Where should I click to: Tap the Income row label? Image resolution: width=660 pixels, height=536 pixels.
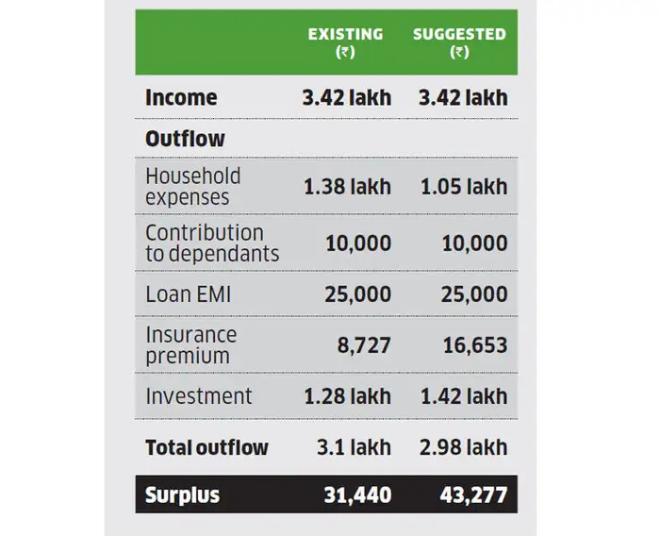pos(181,97)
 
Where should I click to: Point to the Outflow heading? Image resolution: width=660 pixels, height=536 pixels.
pos(185,139)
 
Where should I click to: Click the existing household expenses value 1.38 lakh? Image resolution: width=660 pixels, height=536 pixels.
pos(347,186)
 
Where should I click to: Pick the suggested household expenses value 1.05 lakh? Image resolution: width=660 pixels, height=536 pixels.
pos(463,186)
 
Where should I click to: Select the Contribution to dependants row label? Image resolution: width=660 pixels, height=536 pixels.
pos(211,243)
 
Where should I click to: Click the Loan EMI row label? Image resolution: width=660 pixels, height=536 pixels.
pos(188,294)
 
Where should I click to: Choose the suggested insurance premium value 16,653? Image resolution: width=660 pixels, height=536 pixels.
pos(475,345)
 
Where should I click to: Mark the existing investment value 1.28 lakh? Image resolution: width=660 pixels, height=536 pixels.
pos(347,396)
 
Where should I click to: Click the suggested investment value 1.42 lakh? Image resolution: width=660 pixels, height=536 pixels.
pos(463,396)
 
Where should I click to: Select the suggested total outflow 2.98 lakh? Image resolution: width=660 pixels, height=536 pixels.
pos(463,447)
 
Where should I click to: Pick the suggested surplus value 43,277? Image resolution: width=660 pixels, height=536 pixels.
pos(472,495)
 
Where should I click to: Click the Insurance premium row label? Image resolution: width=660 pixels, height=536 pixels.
pos(191,345)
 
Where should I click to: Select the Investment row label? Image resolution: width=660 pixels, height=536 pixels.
pos(198,396)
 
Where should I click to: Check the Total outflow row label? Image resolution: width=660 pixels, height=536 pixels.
pos(206,447)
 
